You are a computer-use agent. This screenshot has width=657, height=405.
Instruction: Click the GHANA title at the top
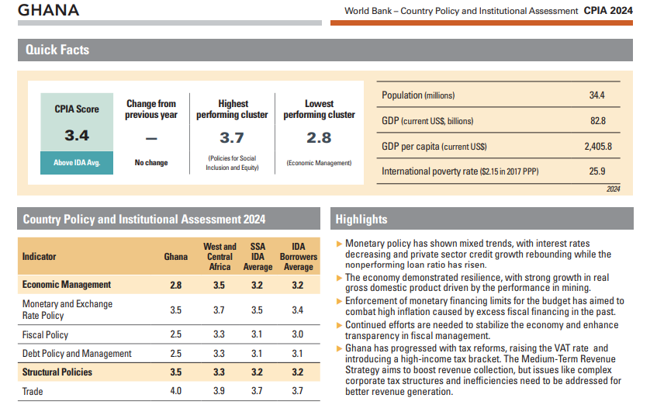coord(48,10)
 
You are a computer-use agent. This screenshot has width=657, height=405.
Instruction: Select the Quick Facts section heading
coord(57,50)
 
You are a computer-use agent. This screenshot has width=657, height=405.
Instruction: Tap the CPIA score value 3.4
coord(77,136)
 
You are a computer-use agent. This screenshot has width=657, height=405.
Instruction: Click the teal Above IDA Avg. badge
coord(77,163)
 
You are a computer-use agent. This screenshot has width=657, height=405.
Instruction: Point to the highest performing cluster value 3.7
coord(232,137)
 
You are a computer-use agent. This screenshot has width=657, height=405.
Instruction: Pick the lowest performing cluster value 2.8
coord(319,137)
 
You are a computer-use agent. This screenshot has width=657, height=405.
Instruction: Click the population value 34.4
coord(596,95)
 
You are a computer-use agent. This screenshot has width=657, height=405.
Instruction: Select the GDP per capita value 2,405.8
coord(597,146)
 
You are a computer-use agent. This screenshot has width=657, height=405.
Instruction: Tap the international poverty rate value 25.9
coord(596,171)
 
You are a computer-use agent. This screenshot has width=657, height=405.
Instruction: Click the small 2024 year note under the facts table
coord(613,189)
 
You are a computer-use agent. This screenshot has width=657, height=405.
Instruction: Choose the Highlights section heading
coord(361,220)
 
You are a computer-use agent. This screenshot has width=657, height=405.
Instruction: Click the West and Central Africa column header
coord(220,257)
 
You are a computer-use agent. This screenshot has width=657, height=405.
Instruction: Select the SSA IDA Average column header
coord(258,257)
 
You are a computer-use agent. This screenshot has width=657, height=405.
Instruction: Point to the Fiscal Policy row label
coord(45,335)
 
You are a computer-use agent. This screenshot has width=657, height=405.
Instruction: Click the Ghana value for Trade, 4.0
coord(176,391)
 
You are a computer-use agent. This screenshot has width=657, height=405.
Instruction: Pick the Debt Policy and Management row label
coord(77,354)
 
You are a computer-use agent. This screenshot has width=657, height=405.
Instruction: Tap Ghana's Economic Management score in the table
coord(176,285)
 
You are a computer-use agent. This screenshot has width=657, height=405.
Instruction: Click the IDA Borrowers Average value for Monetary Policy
coord(298,310)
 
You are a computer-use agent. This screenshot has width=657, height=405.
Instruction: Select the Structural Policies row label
coord(57,372)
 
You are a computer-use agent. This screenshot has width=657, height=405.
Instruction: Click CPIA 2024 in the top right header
coord(608,10)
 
